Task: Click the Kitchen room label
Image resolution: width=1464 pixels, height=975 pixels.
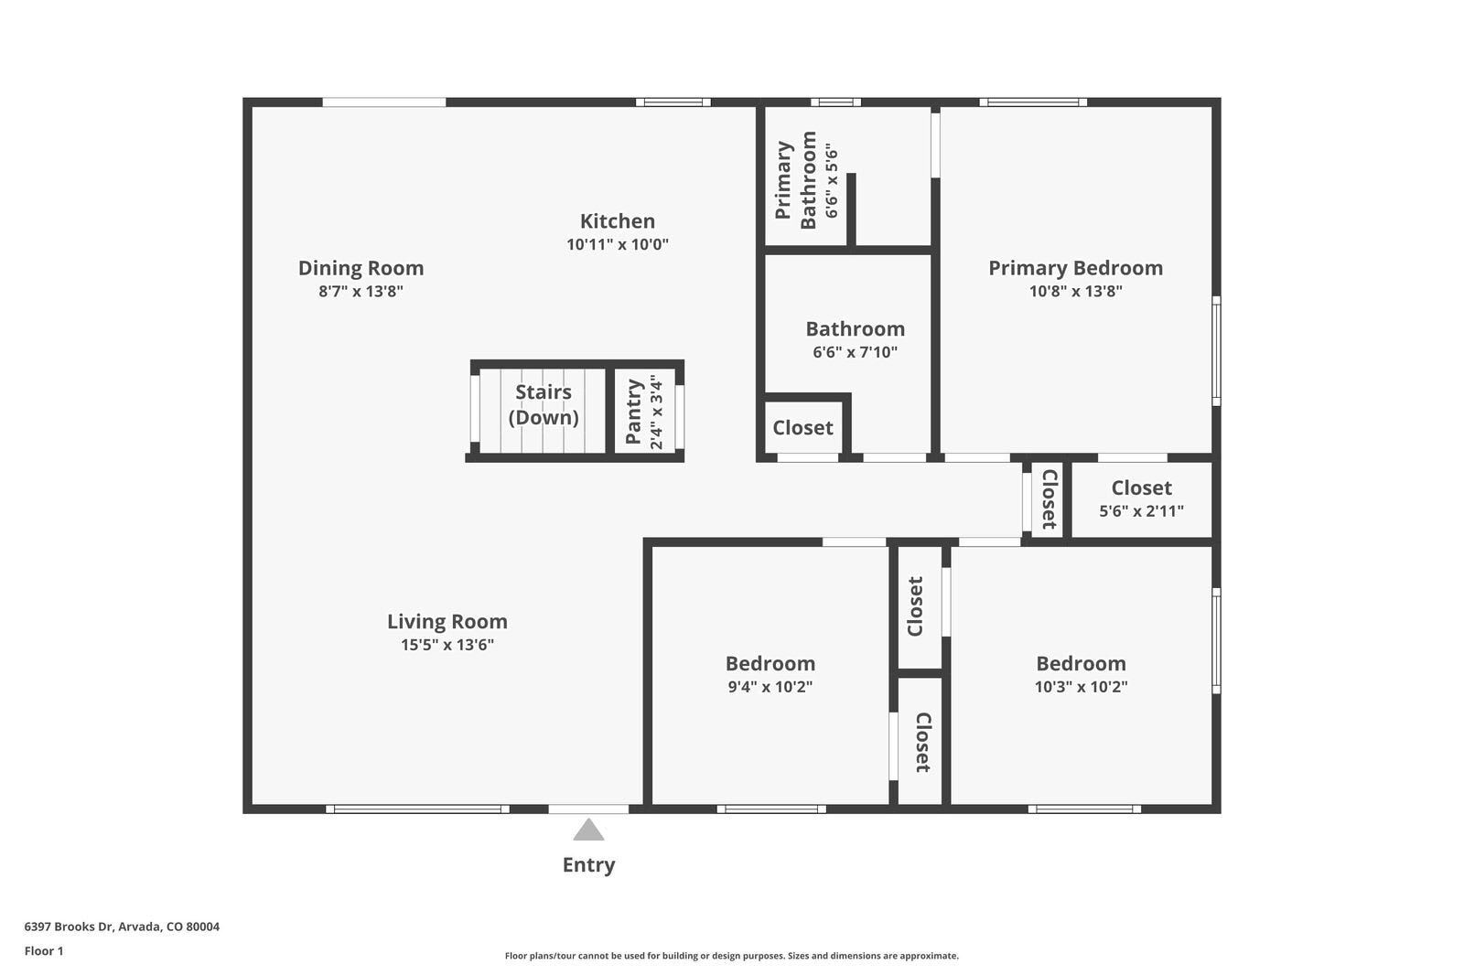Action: click(617, 221)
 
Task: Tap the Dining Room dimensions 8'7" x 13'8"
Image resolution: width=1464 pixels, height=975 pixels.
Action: click(361, 292)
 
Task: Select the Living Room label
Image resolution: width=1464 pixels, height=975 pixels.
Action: click(447, 622)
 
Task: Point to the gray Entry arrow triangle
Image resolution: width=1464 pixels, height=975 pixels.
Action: click(588, 830)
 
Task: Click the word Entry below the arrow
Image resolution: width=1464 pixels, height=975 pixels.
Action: click(588, 865)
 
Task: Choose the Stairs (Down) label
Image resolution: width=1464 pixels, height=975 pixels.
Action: click(544, 404)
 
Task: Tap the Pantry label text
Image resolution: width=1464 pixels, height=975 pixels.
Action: click(633, 412)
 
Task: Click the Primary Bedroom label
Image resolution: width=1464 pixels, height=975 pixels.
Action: click(1075, 268)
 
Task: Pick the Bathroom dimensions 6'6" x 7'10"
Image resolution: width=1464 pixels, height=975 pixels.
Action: click(855, 352)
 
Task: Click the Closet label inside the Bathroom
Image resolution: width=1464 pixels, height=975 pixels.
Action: click(802, 428)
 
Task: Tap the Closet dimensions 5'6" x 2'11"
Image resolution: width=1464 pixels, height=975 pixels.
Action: click(1141, 511)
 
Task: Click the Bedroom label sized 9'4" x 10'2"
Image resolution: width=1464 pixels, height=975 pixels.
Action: click(770, 664)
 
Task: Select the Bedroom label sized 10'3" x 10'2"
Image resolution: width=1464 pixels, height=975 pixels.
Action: click(1081, 664)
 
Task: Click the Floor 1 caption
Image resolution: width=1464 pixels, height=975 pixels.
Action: click(44, 951)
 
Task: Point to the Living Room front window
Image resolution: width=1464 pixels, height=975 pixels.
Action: click(417, 809)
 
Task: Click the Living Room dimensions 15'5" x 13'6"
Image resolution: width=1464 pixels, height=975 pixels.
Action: click(447, 645)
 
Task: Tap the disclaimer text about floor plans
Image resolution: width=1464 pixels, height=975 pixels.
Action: click(731, 956)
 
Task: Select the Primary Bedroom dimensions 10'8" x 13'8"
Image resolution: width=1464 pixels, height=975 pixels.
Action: click(1075, 292)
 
